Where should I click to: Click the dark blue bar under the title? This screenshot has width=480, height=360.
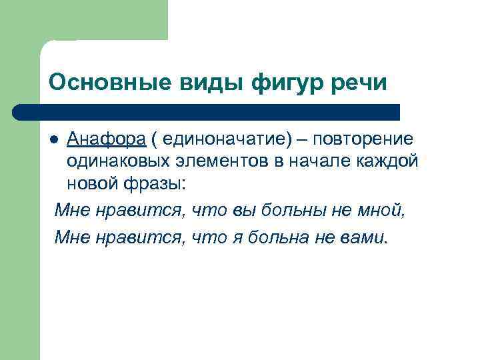coord(207,111)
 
